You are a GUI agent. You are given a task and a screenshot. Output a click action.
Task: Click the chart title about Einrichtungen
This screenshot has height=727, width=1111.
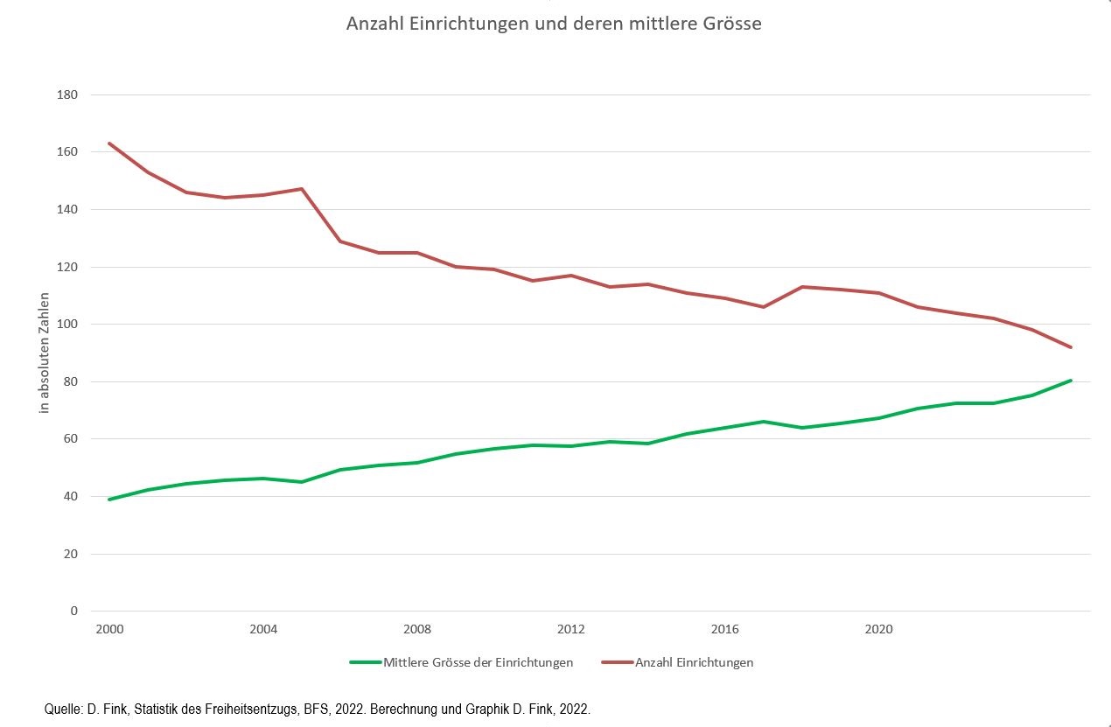point(554,24)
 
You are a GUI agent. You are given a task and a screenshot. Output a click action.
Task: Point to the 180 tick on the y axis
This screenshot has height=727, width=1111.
point(66,94)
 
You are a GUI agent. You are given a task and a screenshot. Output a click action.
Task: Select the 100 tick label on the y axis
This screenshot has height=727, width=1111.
point(66,325)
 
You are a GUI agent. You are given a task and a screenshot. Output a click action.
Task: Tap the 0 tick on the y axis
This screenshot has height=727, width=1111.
point(73,612)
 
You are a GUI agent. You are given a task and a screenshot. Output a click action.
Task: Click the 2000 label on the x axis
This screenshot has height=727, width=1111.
point(108,630)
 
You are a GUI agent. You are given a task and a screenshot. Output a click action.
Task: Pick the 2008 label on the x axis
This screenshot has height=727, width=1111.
point(417,630)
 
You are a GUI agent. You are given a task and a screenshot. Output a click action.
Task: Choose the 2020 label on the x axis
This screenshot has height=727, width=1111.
point(878,630)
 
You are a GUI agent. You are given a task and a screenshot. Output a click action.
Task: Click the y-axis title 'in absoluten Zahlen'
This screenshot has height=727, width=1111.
point(45,353)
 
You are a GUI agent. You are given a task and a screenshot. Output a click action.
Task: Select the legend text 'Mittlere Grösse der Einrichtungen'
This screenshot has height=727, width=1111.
point(478,662)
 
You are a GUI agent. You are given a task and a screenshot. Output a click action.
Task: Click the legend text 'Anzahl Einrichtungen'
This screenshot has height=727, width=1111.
point(694,662)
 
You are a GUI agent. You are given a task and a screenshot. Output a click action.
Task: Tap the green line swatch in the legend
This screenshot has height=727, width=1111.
point(365,662)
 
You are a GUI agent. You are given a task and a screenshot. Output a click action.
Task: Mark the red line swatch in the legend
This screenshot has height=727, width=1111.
point(617,662)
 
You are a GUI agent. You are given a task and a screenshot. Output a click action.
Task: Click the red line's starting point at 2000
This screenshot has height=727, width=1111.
point(109,143)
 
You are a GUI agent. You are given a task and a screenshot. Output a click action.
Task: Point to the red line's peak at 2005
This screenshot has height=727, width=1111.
point(301,189)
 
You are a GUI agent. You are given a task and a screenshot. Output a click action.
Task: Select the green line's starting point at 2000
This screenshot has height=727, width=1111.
point(109,500)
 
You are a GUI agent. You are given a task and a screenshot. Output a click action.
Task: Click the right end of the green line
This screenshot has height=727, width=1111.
point(1071,381)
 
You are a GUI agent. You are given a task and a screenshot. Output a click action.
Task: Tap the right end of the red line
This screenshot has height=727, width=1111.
point(1071,347)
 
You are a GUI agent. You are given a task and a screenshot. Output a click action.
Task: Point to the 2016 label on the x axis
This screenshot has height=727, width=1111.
point(725,630)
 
